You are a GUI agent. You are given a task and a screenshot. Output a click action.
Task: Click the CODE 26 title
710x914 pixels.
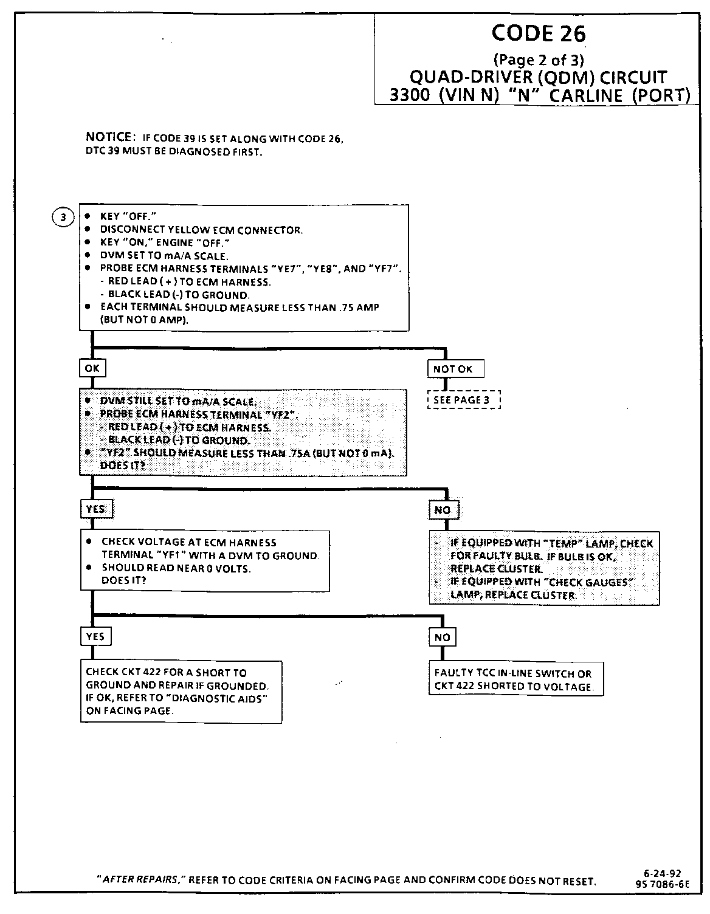[538, 33]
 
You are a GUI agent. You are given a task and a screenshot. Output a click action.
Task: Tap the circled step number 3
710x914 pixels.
[63, 217]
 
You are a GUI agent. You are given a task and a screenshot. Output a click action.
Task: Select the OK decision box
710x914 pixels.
[92, 368]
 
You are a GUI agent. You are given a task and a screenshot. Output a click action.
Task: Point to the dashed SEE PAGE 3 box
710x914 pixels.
[464, 400]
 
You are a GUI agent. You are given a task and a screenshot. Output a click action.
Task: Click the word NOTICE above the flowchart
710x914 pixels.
[109, 137]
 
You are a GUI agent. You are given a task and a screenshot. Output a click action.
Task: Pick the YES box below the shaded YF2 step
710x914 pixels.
[96, 509]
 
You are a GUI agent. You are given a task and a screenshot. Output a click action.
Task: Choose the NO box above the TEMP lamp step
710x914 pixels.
[443, 510]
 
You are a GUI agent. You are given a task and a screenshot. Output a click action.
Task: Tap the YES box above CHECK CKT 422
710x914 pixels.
[95, 636]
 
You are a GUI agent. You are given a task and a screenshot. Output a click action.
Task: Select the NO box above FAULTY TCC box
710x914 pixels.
[443, 637]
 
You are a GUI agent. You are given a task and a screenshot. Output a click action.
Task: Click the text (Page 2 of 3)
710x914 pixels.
[539, 60]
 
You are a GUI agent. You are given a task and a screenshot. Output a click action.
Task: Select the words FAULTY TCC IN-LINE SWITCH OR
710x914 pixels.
[512, 673]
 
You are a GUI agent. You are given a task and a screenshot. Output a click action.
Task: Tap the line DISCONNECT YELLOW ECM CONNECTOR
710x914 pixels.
[201, 230]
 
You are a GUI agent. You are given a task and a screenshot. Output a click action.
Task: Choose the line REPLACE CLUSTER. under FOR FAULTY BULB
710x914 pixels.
[496, 569]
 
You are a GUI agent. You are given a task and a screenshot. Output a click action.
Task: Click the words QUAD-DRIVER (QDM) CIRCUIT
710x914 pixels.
[538, 78]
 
